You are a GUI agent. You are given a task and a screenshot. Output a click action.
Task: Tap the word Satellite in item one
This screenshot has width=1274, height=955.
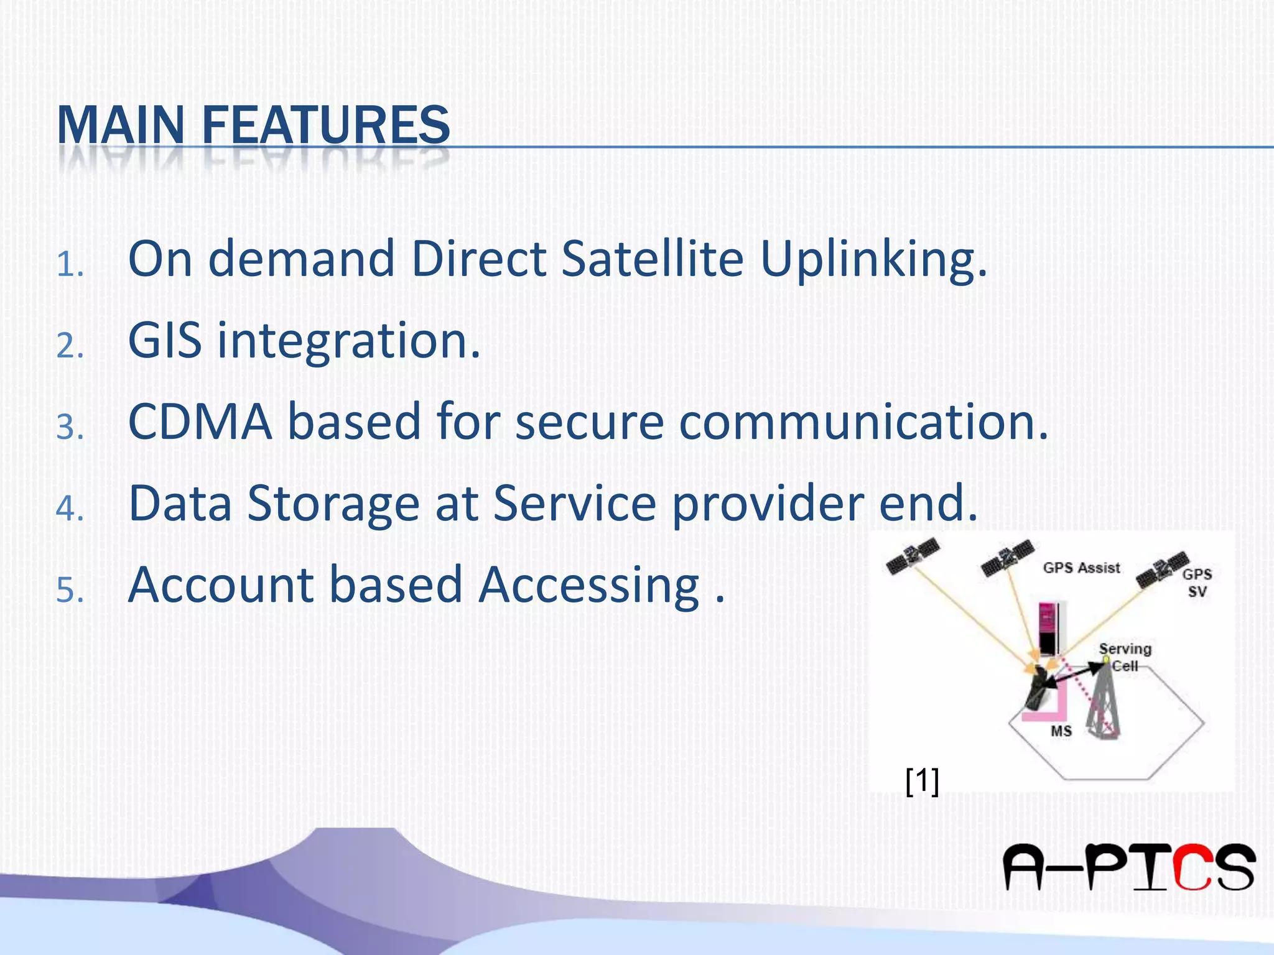pos(652,259)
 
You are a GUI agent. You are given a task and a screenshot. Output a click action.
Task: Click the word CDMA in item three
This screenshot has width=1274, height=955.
pos(200,422)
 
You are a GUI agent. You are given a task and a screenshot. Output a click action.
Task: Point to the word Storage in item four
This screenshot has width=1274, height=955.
pos(333,504)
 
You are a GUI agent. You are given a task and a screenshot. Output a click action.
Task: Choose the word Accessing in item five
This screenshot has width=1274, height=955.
pos(589,585)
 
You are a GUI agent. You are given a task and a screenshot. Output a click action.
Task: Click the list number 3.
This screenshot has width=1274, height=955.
pos(69,428)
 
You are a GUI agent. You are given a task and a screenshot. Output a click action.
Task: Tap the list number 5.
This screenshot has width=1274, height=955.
pos(69,591)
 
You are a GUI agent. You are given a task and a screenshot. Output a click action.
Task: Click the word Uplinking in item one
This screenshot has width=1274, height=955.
pos(873,260)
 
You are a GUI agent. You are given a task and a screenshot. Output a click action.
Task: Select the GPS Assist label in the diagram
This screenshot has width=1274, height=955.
pos(1081,568)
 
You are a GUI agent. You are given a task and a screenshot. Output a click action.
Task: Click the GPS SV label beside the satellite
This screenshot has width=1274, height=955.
pos(1197,583)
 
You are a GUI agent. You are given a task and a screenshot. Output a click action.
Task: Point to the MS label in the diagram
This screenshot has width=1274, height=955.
pos(1061,731)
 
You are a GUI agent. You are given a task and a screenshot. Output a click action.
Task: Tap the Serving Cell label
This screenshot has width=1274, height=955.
pos(1125,657)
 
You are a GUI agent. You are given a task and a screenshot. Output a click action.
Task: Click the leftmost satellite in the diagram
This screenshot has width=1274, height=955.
pos(912,555)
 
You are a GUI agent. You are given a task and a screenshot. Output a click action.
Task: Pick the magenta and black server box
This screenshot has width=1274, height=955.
pos(1050,628)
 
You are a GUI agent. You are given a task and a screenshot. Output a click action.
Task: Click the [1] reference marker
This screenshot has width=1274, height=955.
pos(923,781)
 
